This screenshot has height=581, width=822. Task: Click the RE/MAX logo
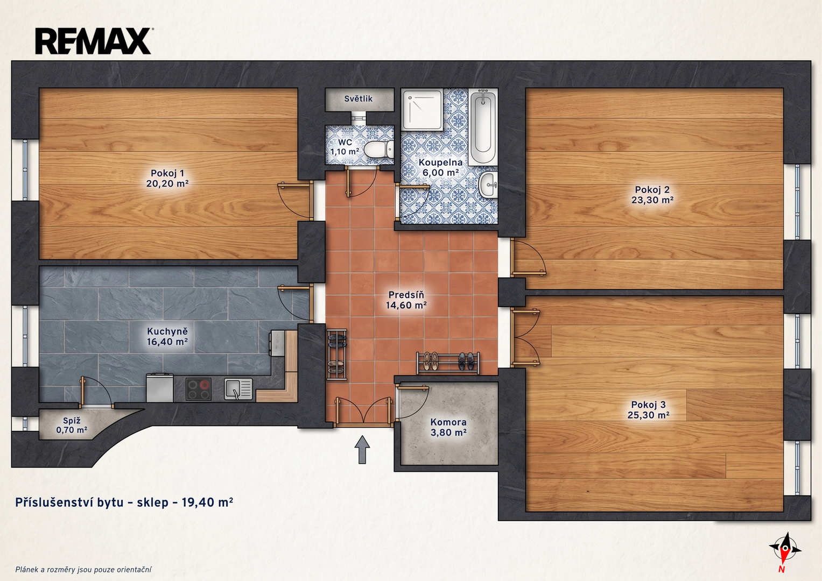coord(94,41)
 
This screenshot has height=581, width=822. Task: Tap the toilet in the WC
coord(379,150)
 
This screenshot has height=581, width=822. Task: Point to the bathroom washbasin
coord(488,185)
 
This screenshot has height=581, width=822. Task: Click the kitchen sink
coord(238,389)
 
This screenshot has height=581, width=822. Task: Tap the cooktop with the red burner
coord(198,389)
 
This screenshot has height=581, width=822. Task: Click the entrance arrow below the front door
coord(362,449)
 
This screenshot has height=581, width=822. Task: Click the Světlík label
coord(358,98)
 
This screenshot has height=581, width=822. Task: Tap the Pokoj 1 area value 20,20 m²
coord(167,183)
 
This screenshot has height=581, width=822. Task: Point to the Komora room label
coord(448,422)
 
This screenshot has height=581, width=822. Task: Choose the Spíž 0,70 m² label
coord(72,425)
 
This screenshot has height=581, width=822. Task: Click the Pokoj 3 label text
coord(649,405)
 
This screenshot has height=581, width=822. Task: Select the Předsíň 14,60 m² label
coord(406,300)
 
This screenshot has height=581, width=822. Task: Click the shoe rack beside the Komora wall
coord(448,363)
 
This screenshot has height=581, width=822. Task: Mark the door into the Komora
coord(412,402)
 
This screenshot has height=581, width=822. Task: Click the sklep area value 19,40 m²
coord(207,502)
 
